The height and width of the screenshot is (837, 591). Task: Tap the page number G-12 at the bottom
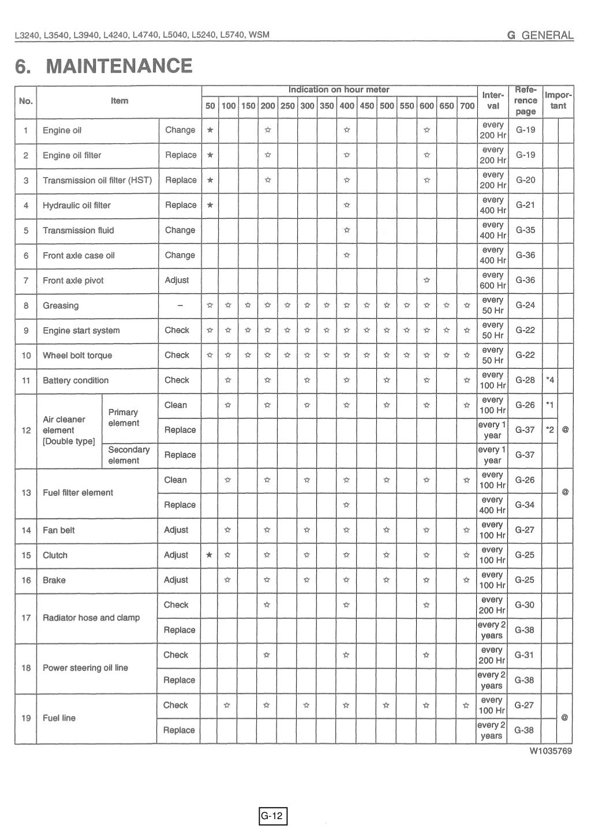[272, 816]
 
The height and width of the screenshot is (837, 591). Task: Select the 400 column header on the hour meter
[347, 106]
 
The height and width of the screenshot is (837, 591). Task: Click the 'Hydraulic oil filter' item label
[77, 205]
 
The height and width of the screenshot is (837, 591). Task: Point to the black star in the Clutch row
[210, 555]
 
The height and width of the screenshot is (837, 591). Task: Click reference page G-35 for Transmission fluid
[525, 230]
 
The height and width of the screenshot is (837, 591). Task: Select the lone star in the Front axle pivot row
[427, 281]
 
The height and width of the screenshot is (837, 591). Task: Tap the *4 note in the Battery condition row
[550, 380]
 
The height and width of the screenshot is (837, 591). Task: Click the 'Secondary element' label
[129, 455]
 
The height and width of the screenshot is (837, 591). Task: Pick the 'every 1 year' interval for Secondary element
[492, 455]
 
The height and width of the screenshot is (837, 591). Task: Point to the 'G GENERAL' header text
[540, 35]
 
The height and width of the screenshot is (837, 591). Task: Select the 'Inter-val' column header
[493, 100]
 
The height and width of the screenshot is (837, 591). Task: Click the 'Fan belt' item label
[59, 530]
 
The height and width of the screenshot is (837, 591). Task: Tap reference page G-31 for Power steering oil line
[525, 655]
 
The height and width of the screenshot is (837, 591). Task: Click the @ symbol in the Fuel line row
[565, 718]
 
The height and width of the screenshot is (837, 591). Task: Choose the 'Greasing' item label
[61, 306]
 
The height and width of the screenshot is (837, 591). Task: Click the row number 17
[26, 618]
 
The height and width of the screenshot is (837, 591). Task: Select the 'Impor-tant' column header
[558, 100]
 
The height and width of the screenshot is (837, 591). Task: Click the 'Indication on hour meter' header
[339, 90]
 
